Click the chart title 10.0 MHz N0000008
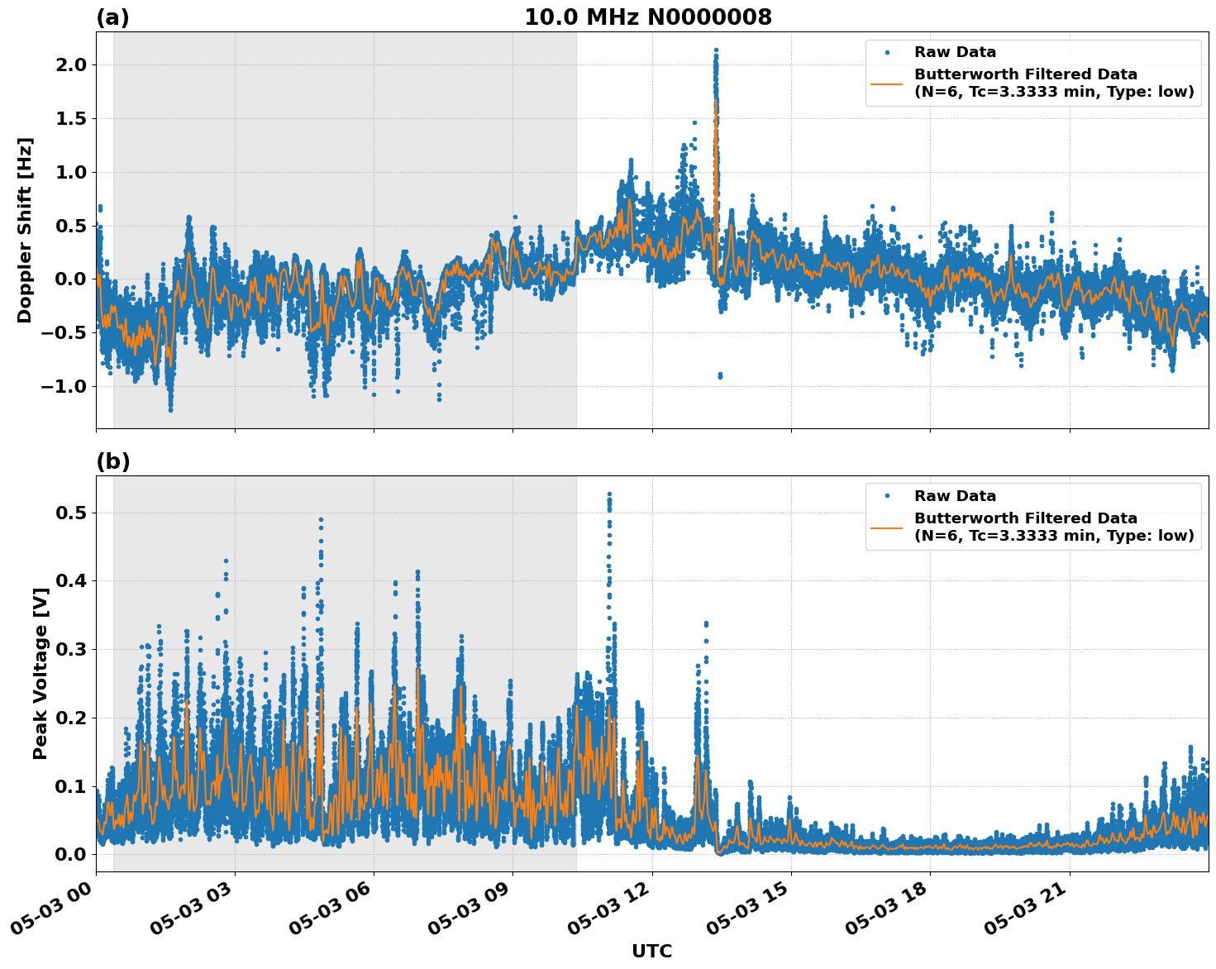647,17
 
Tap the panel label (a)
112,17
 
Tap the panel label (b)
112,461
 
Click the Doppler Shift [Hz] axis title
25,230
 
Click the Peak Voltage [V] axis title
40,674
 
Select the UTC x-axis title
651,951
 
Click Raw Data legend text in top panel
955,52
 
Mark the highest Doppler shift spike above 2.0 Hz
716,50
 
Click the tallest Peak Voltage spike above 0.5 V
609,494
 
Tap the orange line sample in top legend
886,83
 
